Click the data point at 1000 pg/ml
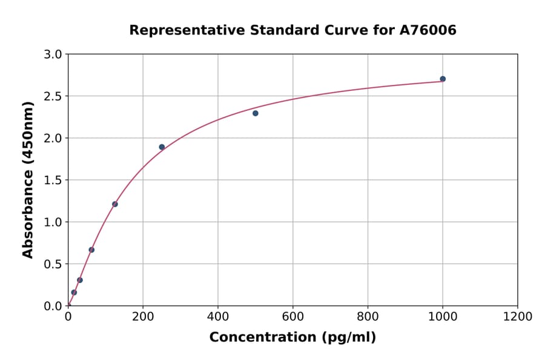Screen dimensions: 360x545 443,79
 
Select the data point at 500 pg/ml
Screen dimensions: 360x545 256,113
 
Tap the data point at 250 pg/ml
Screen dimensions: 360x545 162,147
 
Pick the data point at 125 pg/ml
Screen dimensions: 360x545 115,204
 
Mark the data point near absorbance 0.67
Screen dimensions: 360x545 91,250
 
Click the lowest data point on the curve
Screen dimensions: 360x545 74,292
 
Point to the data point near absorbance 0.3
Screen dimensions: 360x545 80,280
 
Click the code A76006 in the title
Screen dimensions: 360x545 429,30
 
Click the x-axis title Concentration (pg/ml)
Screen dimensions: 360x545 292,338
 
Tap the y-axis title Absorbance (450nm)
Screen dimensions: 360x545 28,179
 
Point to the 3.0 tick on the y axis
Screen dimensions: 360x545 54,55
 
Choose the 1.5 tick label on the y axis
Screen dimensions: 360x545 54,180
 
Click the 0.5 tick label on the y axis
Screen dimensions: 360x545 54,264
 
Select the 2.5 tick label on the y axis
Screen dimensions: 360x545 54,96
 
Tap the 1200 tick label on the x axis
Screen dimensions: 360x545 517,316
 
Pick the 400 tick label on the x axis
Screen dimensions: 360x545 218,316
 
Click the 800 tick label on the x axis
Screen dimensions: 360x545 368,316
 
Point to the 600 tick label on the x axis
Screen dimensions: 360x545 292,316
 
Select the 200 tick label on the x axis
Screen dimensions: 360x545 143,316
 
